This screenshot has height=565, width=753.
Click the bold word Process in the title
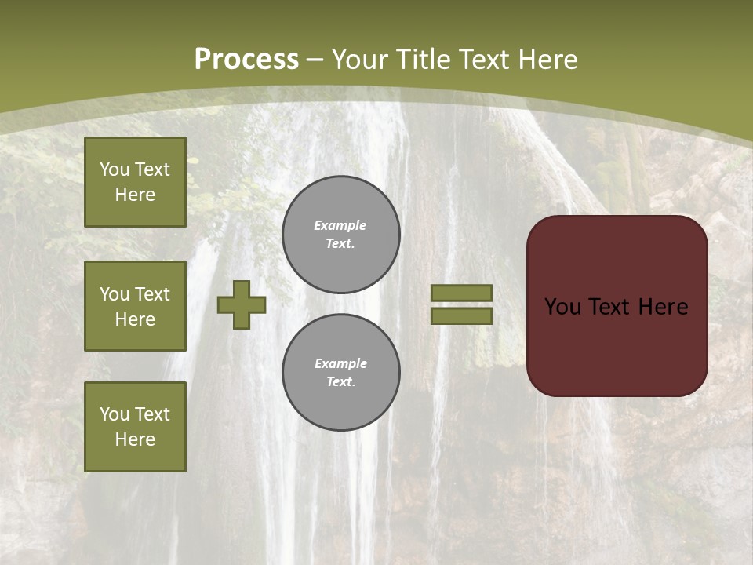pos(246,60)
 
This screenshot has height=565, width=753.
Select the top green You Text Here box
pos(135,182)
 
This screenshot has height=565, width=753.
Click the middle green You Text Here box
pos(135,306)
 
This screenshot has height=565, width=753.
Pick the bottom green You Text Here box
pos(135,427)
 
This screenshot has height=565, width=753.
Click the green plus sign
pos(242,304)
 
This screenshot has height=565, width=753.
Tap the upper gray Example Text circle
pos(340,235)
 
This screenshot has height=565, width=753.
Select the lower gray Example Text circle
pos(340,373)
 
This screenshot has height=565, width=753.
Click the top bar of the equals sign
pos(461,293)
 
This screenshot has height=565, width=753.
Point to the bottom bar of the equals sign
pos(461,315)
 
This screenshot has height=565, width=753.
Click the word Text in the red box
pos(609,307)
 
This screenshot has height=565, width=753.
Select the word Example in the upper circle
pos(340,225)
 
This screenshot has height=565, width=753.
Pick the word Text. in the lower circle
pos(340,382)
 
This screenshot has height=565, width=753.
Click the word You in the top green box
pos(115,169)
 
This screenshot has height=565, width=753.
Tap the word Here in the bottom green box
pos(135,439)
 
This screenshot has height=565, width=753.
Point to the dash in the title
pos(315,60)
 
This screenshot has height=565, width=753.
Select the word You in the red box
pos(562,307)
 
